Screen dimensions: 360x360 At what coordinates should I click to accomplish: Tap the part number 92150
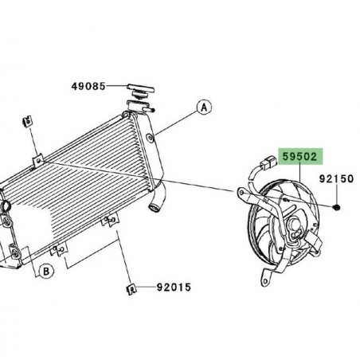tap(337, 179)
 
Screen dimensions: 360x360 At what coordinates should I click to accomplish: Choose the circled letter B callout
tap(47, 272)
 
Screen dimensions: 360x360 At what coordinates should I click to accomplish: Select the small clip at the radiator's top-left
tap(27, 122)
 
